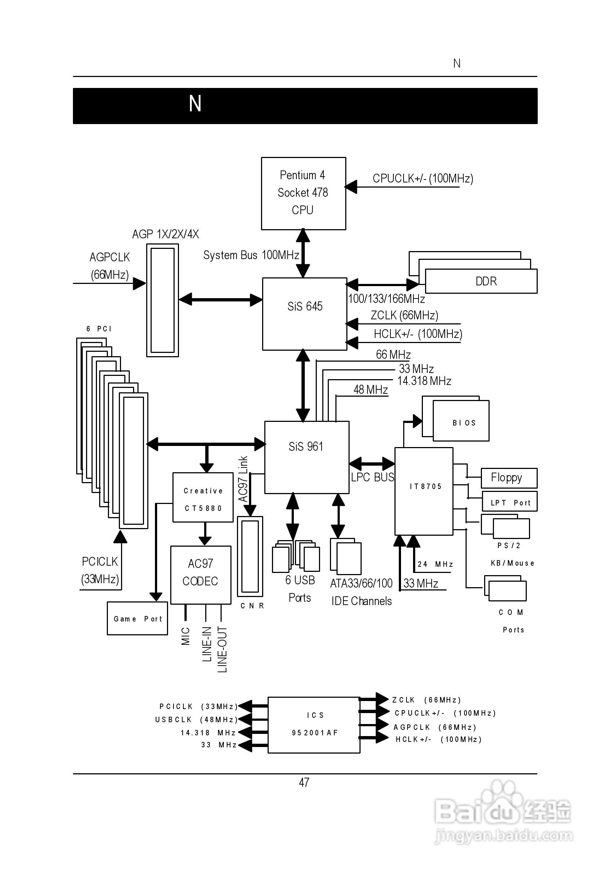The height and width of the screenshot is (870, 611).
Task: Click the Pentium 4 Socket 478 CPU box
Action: (303, 193)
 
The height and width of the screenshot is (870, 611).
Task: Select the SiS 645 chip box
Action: (305, 314)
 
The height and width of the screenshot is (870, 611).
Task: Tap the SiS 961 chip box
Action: (306, 457)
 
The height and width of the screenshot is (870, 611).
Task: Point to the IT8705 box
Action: (424, 491)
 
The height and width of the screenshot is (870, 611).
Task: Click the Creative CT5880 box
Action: (203, 497)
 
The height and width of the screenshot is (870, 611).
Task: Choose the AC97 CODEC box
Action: (201, 574)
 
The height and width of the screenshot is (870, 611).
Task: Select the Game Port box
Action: (137, 619)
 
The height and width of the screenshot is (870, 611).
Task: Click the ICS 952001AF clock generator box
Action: (314, 724)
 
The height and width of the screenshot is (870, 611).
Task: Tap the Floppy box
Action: (509, 478)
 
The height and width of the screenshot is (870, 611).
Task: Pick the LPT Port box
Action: (510, 502)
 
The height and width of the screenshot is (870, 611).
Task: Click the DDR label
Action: (486, 281)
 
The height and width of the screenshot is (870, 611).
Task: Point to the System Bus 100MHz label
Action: (251, 255)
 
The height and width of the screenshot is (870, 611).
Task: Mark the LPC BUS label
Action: (373, 477)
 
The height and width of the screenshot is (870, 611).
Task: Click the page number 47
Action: (304, 782)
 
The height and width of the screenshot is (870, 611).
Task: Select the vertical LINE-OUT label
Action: (222, 650)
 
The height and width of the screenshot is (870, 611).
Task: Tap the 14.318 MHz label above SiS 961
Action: (424, 381)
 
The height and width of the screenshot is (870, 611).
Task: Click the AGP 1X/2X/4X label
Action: (166, 234)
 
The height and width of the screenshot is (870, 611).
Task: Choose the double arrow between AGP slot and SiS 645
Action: (220, 300)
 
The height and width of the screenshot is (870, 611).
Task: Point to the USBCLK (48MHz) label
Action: (196, 720)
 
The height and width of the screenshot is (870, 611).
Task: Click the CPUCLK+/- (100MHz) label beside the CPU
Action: (423, 178)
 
